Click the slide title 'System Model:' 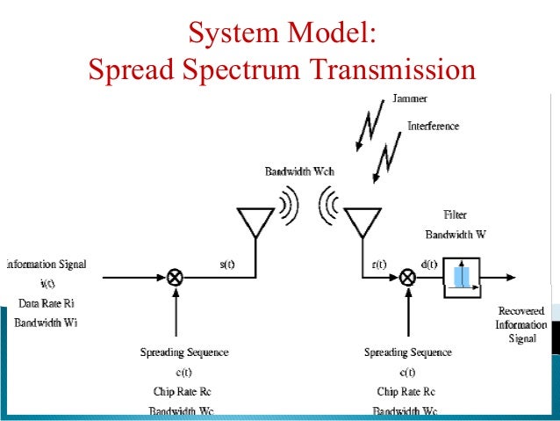pyautogui.click(x=281, y=36)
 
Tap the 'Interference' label pyautogui.click(x=433, y=126)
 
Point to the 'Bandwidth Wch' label pyautogui.click(x=299, y=171)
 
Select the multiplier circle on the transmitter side pyautogui.click(x=176, y=277)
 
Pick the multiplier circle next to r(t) pyautogui.click(x=407, y=277)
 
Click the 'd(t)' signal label pyautogui.click(x=430, y=263)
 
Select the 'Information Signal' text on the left pyautogui.click(x=45, y=264)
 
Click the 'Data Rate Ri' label pyautogui.click(x=45, y=303)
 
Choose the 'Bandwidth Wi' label pyautogui.click(x=45, y=323)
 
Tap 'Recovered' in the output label pyautogui.click(x=521, y=311)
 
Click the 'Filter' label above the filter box pyautogui.click(x=456, y=214)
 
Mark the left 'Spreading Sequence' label pyautogui.click(x=184, y=352)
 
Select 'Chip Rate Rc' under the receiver pyautogui.click(x=407, y=391)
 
